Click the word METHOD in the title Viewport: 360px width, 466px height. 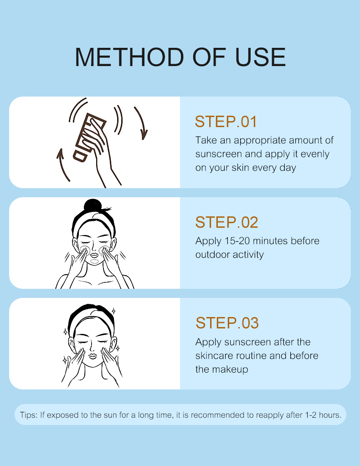tap(129, 57)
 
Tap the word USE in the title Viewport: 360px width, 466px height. tap(260, 57)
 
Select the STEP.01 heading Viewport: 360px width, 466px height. tap(226, 122)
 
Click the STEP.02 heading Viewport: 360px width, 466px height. tap(226, 222)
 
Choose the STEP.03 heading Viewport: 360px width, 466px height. tap(227, 323)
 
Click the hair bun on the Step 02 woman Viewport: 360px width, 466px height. tap(93, 205)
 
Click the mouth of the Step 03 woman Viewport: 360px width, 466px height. tap(93, 355)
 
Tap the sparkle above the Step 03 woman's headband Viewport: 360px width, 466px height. tap(113, 311)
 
